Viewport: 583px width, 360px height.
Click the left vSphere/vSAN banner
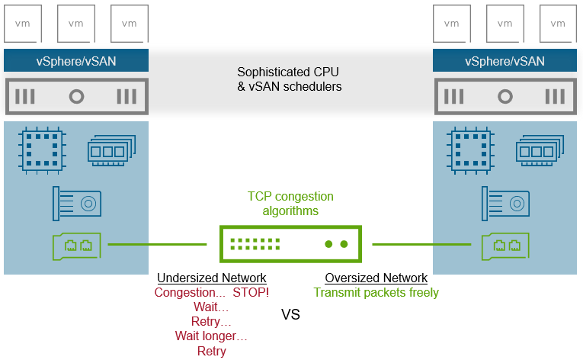coord(75,60)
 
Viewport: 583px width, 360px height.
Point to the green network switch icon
coord(290,244)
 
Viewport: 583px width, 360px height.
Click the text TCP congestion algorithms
coord(290,204)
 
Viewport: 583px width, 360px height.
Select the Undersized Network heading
coord(211,278)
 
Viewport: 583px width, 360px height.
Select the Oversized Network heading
coord(376,278)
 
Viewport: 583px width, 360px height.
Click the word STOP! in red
coord(251,293)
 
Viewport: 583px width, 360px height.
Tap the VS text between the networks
coord(291,314)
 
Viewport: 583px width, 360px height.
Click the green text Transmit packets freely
coord(376,293)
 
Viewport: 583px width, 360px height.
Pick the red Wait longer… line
coord(211,336)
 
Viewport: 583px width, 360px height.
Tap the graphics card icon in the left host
coord(77,202)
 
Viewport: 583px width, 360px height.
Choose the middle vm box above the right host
coord(505,23)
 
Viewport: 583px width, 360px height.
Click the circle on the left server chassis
coord(75,97)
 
